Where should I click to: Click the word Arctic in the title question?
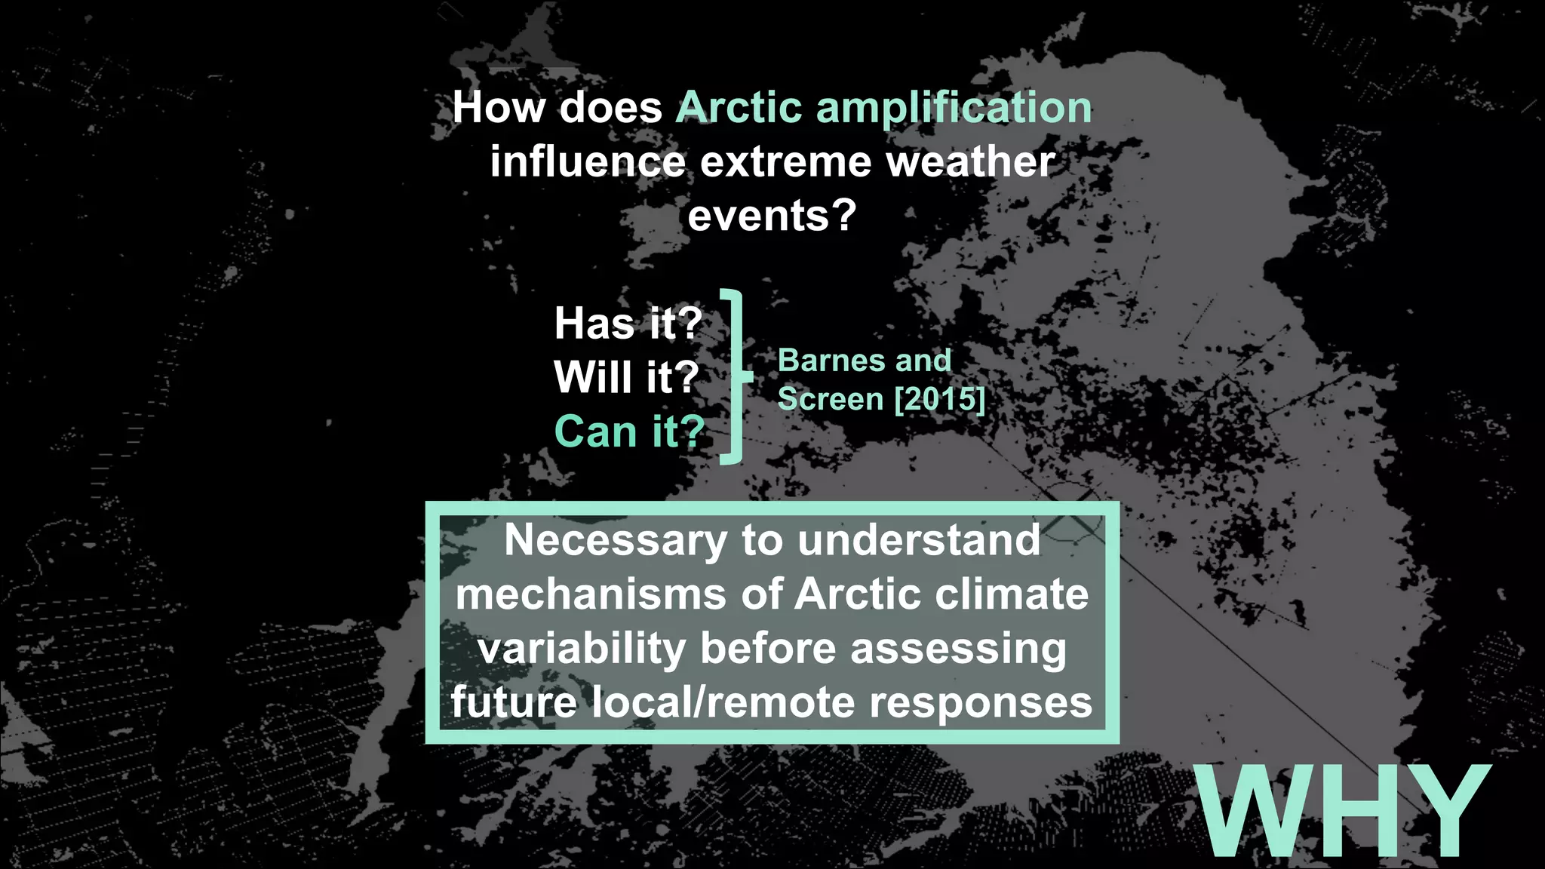click(738, 107)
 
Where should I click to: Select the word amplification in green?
click(954, 109)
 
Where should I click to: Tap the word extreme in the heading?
click(785, 161)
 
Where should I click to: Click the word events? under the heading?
click(772, 216)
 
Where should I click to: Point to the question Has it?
click(628, 324)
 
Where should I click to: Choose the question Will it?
click(626, 377)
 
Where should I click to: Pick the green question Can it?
click(629, 431)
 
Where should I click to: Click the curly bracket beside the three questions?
click(736, 376)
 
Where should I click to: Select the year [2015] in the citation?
click(939, 399)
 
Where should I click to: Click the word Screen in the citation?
click(831, 399)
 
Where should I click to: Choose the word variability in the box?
click(582, 649)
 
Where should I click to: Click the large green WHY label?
click(1343, 812)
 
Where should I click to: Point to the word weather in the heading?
click(970, 161)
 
